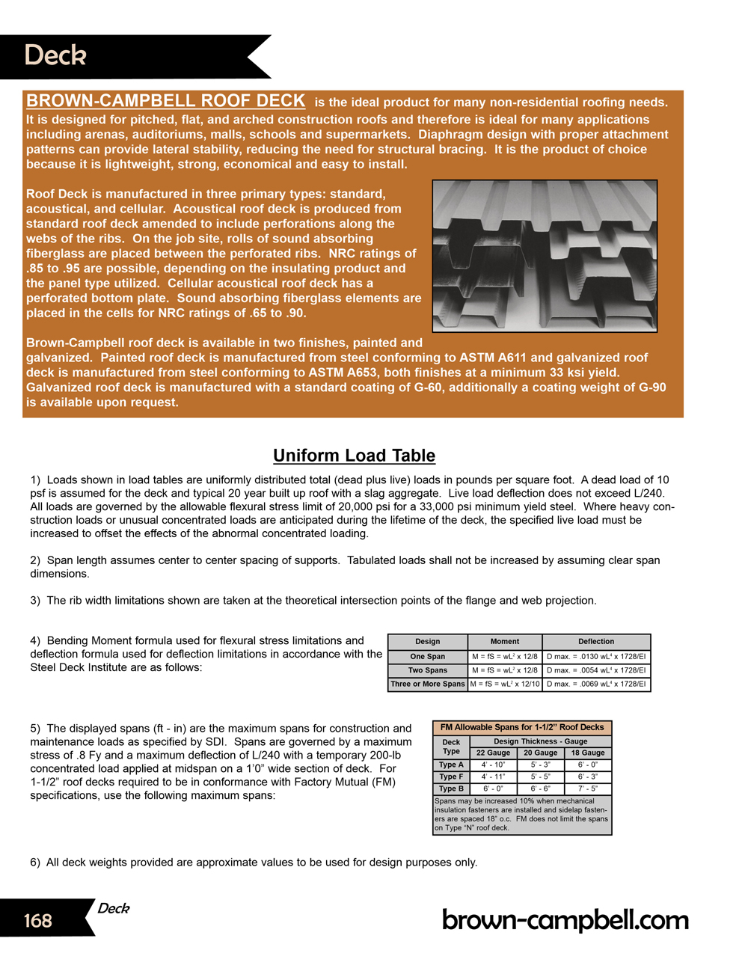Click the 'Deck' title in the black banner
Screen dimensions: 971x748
click(55, 55)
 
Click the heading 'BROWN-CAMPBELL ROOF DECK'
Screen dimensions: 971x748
click(165, 101)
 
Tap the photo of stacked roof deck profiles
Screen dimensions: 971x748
click(545, 256)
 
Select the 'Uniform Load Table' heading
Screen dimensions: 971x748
click(354, 456)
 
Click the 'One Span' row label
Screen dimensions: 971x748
click(427, 657)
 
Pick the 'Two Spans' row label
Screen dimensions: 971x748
click(427, 670)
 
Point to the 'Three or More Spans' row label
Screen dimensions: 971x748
click(427, 684)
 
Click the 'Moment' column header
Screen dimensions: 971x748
click(505, 642)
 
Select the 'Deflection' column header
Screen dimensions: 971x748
click(596, 642)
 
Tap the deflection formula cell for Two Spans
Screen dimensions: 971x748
click(596, 670)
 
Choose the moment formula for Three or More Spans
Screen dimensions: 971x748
click(505, 684)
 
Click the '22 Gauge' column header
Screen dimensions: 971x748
click(493, 753)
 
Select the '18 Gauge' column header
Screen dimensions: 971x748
click(588, 753)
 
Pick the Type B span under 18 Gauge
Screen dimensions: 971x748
click(588, 788)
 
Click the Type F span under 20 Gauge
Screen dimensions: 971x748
click(540, 777)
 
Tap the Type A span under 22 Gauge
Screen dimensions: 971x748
click(493, 765)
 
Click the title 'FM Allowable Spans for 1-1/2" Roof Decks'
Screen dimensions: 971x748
click(522, 727)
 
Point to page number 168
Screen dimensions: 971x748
click(38, 920)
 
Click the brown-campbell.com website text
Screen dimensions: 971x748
click(565, 920)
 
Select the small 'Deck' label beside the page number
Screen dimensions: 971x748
click(114, 908)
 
